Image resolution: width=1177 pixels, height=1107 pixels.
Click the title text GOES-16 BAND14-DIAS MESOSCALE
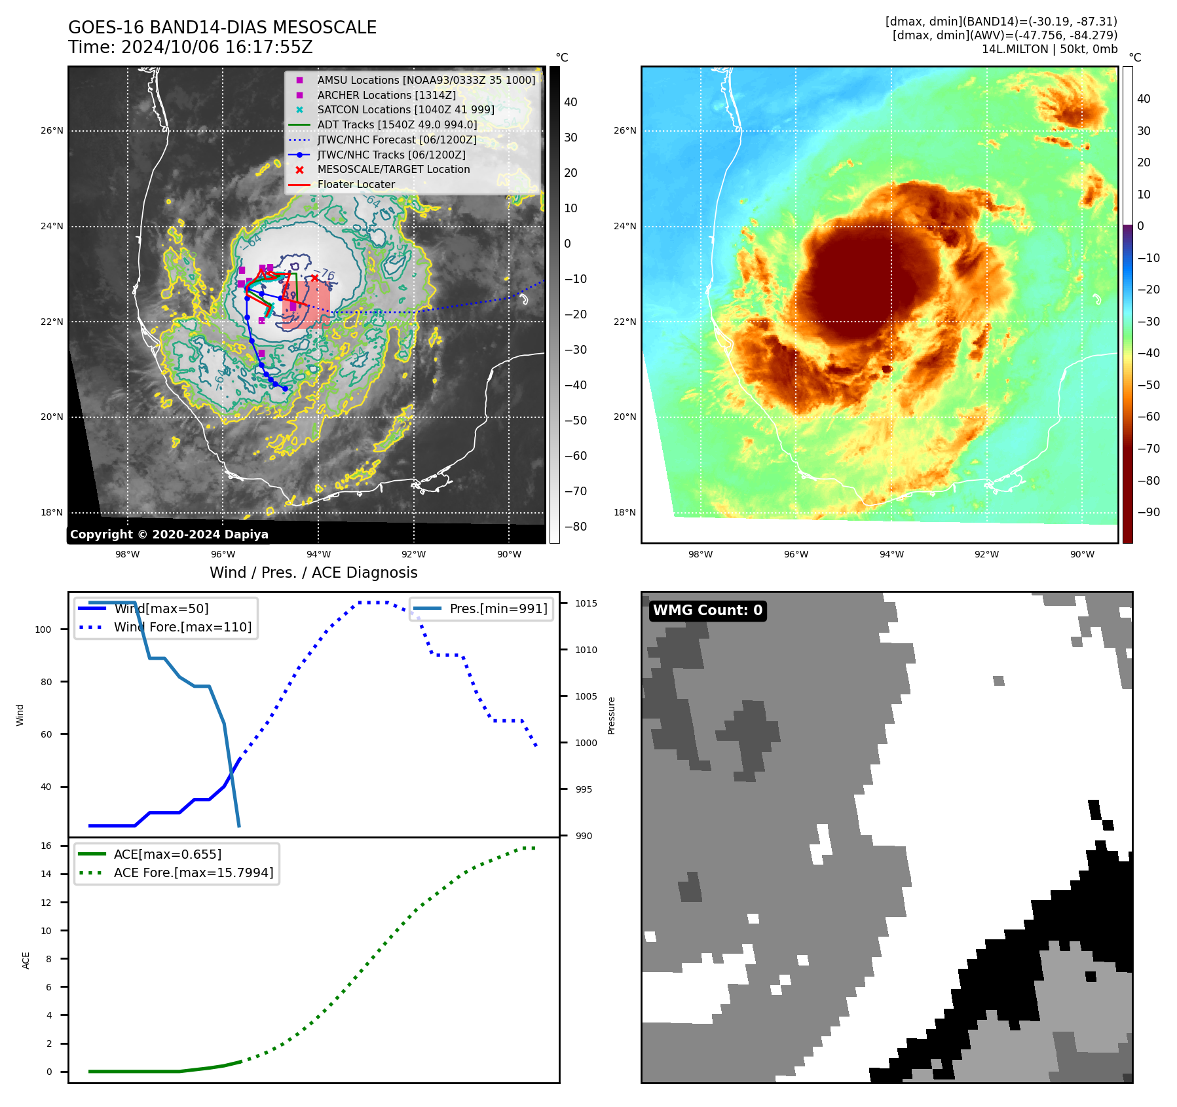[x=222, y=28]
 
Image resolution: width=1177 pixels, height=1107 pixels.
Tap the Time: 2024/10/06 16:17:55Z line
[x=190, y=47]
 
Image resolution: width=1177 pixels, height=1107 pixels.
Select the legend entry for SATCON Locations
[x=405, y=110]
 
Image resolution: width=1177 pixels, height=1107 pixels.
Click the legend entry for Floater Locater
[x=356, y=185]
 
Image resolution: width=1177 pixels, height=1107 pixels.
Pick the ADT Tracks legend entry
[x=397, y=124]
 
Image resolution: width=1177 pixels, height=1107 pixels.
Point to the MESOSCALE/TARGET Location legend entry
[x=393, y=170]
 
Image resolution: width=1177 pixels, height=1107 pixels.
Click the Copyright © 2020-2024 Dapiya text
[x=169, y=535]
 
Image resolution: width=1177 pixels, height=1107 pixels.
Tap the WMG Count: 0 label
[x=707, y=610]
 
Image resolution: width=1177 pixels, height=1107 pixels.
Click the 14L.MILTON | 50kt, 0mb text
[x=1049, y=49]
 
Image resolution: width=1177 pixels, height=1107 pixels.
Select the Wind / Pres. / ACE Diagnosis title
[x=313, y=572]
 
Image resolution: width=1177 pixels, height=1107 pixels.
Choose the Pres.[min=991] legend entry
[x=498, y=609]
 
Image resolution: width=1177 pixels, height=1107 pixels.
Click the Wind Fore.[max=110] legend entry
[x=182, y=627]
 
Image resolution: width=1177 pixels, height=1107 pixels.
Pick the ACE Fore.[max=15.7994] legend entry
[x=193, y=872]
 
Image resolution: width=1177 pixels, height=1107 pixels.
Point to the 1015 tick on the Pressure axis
[x=586, y=603]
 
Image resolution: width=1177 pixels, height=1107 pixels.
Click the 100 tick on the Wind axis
[x=43, y=629]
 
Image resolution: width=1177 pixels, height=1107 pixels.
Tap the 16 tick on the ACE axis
[x=46, y=846]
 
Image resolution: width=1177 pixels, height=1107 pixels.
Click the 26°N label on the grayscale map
[x=52, y=130]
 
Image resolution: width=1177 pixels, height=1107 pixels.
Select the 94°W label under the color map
[x=891, y=554]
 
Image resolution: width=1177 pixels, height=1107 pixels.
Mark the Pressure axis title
[x=611, y=715]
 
